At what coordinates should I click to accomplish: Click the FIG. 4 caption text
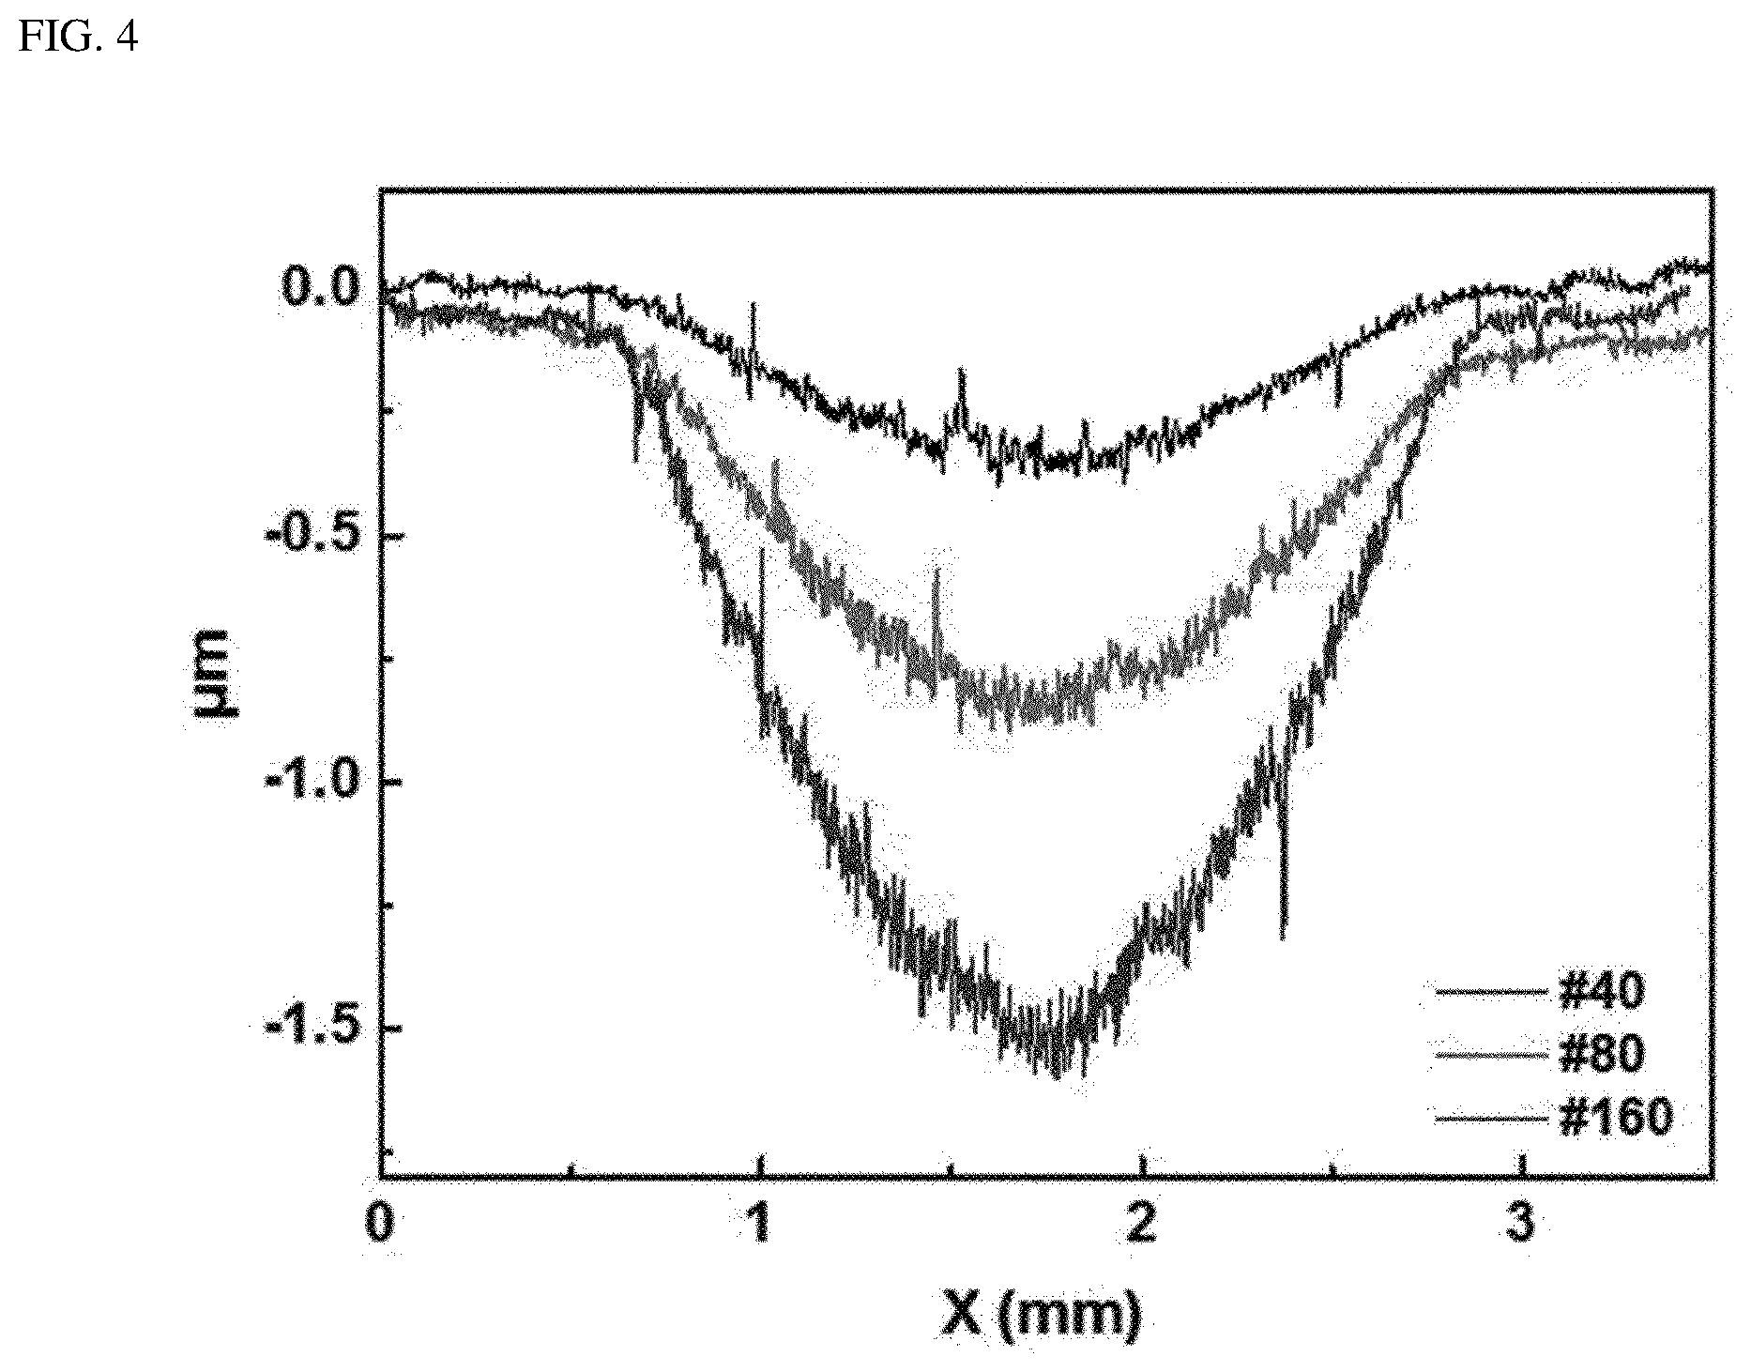[x=79, y=38]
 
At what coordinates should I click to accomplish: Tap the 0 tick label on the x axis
[x=379, y=1225]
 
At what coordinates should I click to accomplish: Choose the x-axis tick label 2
[x=1141, y=1225]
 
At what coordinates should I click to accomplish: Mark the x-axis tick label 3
[x=1521, y=1225]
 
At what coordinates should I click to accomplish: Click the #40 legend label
[x=1601, y=991]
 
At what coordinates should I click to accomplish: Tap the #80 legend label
[x=1601, y=1055]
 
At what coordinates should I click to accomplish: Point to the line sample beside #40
[x=1492, y=991]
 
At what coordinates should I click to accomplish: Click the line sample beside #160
[x=1492, y=1118]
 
